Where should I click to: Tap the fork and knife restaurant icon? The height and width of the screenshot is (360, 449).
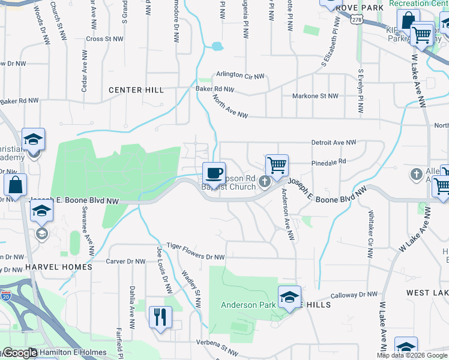click(160, 317)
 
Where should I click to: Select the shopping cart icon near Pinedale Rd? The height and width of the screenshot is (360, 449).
click(277, 166)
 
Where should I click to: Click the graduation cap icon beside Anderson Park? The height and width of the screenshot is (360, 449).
click(289, 297)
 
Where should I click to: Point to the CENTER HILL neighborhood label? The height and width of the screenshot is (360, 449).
click(136, 90)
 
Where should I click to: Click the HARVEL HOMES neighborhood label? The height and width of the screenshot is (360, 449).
click(59, 266)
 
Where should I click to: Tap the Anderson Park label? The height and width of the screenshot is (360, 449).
click(248, 305)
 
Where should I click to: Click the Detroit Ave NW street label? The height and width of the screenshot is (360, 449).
click(334, 143)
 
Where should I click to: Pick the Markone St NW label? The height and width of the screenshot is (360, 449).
click(315, 96)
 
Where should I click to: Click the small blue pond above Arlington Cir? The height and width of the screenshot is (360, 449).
click(216, 46)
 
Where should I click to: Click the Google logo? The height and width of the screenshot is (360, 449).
click(20, 353)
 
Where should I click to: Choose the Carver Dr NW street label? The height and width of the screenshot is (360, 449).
click(125, 262)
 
